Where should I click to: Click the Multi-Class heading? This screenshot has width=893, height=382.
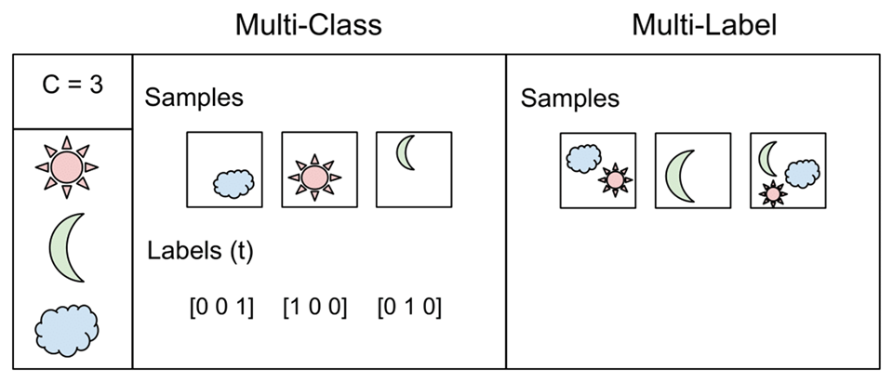pos(308,25)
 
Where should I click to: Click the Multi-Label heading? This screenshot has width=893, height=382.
pos(703,25)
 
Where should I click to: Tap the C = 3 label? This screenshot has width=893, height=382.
pos(73,89)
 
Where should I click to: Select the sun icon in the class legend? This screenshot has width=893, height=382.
pos(66,166)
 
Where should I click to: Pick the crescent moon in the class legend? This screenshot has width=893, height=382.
pos(68,246)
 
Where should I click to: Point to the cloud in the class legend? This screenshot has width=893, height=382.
pos(66,326)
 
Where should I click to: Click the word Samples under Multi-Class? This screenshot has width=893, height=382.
pos(193,99)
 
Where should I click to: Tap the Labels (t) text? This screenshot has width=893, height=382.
pos(200,251)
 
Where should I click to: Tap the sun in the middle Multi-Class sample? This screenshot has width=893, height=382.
pos(314,174)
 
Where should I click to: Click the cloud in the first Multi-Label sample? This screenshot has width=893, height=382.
pos(583,159)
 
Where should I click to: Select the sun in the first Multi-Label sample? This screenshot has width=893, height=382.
pos(614,179)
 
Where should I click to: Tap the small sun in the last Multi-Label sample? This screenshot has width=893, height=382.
pos(771,192)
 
